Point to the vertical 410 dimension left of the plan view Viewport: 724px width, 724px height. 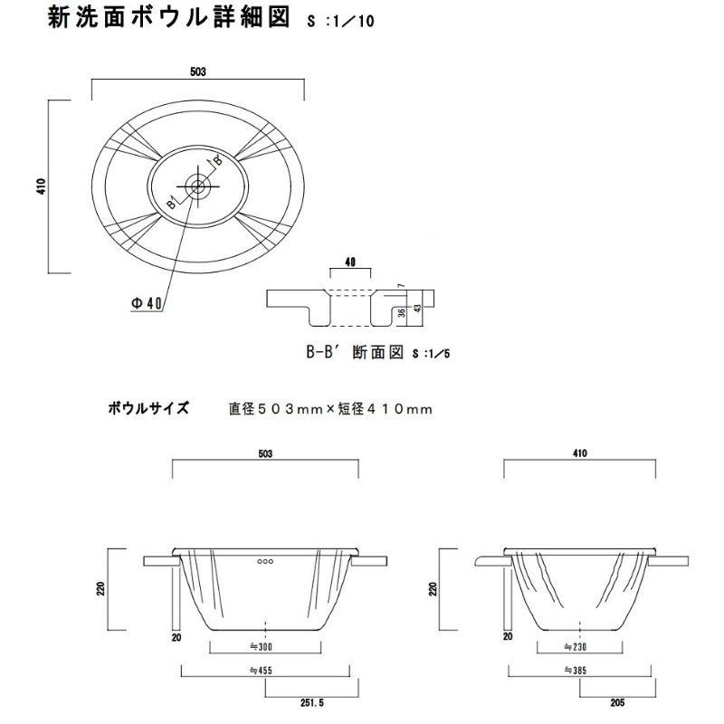(41, 186)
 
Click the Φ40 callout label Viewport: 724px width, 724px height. (147, 304)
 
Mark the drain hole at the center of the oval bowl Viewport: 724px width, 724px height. (197, 186)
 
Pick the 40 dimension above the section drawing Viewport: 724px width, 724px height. (350, 262)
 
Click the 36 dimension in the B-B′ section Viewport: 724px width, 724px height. (400, 312)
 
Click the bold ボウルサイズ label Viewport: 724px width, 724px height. (148, 408)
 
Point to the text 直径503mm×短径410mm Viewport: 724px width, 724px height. (330, 409)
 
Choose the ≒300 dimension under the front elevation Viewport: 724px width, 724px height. (264, 647)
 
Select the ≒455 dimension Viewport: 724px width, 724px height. (264, 672)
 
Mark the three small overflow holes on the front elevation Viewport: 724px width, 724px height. (265, 562)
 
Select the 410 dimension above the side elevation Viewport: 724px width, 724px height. (579, 452)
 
